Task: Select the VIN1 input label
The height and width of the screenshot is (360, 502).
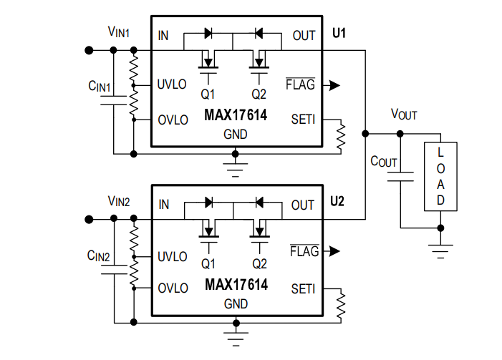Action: click(x=119, y=31)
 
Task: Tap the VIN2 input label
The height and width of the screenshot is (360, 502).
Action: click(x=119, y=201)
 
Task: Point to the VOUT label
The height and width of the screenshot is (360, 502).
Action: click(x=404, y=115)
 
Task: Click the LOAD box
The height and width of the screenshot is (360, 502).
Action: click(x=440, y=176)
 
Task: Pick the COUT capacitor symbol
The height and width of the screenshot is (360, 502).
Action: click(x=401, y=176)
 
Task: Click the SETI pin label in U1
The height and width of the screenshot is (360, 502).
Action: click(x=304, y=119)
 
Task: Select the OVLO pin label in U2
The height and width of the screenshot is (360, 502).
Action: click(x=173, y=288)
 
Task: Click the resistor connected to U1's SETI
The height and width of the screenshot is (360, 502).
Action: click(x=342, y=134)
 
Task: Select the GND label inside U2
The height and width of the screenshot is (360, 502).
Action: click(x=236, y=304)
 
